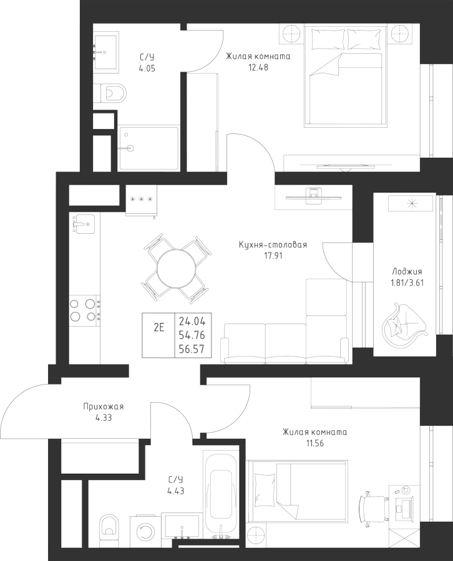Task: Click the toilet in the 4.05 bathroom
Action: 110,93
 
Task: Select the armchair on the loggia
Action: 404,320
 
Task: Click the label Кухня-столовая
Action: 273,245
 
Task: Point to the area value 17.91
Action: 273,256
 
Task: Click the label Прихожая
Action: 104,406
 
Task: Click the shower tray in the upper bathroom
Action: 149,148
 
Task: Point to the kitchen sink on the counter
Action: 83,223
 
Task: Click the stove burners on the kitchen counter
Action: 84,310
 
